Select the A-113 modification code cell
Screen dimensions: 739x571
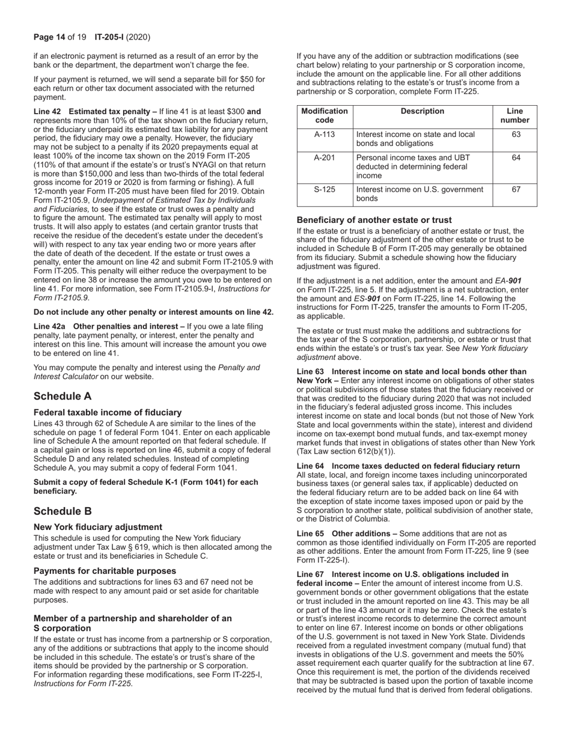pyautogui.click(x=325, y=135)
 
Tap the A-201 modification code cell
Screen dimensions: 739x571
pyautogui.click(x=325, y=158)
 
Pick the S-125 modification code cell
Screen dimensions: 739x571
pyautogui.click(x=325, y=189)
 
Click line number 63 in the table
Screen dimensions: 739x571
pyautogui.click(x=515, y=135)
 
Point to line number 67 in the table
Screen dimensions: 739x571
pyautogui.click(x=515, y=189)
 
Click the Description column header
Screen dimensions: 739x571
pyautogui.click(x=422, y=111)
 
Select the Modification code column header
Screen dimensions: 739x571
pyautogui.click(x=325, y=115)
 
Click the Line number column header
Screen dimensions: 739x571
pyautogui.click(x=515, y=115)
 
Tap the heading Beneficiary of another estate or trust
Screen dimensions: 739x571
pyautogui.click(x=374, y=220)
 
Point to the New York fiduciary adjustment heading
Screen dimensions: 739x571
pyautogui.click(x=97, y=527)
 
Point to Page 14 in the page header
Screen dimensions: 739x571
pyautogui.click(x=49, y=37)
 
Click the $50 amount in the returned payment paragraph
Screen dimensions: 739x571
pyautogui.click(x=248, y=79)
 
